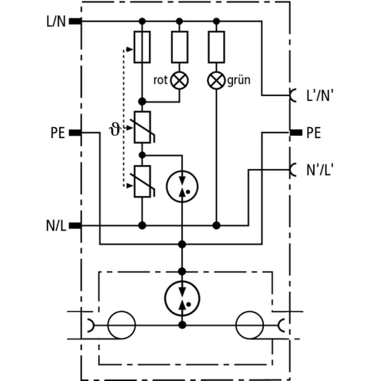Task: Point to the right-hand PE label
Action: coord(314,133)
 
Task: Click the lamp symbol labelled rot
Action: coord(179,81)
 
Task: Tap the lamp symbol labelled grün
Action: coord(216,81)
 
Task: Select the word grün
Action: coord(239,81)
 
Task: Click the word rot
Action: coord(160,81)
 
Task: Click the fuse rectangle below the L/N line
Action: coord(142,47)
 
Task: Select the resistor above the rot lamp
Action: coord(179,47)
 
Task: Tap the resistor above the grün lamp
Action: coord(216,47)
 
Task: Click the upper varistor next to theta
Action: coord(142,127)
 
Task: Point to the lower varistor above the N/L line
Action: coord(142,181)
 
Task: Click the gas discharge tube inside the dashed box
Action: coord(182,298)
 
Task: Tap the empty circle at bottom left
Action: coord(122,325)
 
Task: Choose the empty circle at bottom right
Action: coord(250,325)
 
